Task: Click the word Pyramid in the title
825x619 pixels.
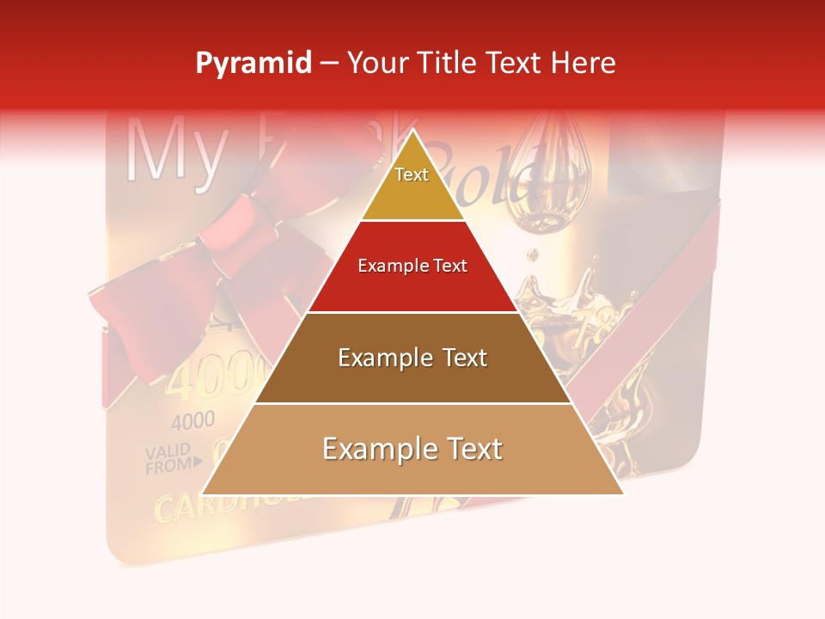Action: [x=254, y=64]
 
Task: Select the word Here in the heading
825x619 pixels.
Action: [x=584, y=64]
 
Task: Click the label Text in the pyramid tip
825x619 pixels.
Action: [x=412, y=175]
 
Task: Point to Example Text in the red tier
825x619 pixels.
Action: [x=412, y=266]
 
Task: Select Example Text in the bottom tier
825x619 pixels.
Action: [x=412, y=449]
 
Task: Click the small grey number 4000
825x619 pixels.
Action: [x=193, y=422]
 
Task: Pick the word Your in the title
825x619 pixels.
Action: [x=376, y=64]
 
